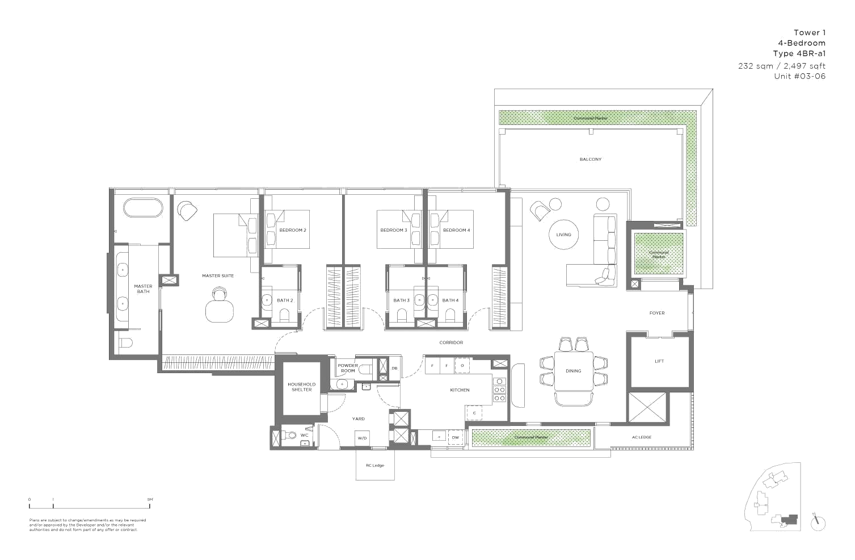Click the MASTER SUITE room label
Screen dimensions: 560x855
pos(218,276)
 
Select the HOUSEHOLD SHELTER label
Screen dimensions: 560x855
pos(301,387)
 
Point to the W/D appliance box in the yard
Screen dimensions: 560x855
pos(362,438)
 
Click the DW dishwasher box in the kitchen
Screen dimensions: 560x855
pos(455,437)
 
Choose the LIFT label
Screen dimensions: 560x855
pos(659,361)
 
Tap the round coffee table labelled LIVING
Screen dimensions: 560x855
pos(563,234)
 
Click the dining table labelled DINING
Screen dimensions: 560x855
pos(573,371)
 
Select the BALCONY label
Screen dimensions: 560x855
pos(590,160)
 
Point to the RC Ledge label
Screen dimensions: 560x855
pos(374,466)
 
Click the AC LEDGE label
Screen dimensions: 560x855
pos(641,437)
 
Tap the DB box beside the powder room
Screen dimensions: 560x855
pos(394,368)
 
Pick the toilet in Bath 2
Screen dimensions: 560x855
pos(285,314)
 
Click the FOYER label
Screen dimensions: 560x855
pos(657,313)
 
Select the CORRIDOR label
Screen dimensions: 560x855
pos(451,342)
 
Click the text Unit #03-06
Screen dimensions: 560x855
pos(799,76)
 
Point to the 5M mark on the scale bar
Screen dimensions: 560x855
pos(150,500)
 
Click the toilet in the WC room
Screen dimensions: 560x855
pos(292,436)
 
